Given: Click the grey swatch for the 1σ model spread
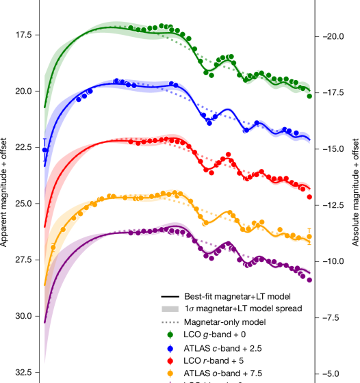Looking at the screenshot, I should point(174,310).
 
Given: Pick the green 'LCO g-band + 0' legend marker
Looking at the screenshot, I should point(174,334).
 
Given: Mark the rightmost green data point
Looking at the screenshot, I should point(309,96).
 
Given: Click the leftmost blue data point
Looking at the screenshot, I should point(46,150).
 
